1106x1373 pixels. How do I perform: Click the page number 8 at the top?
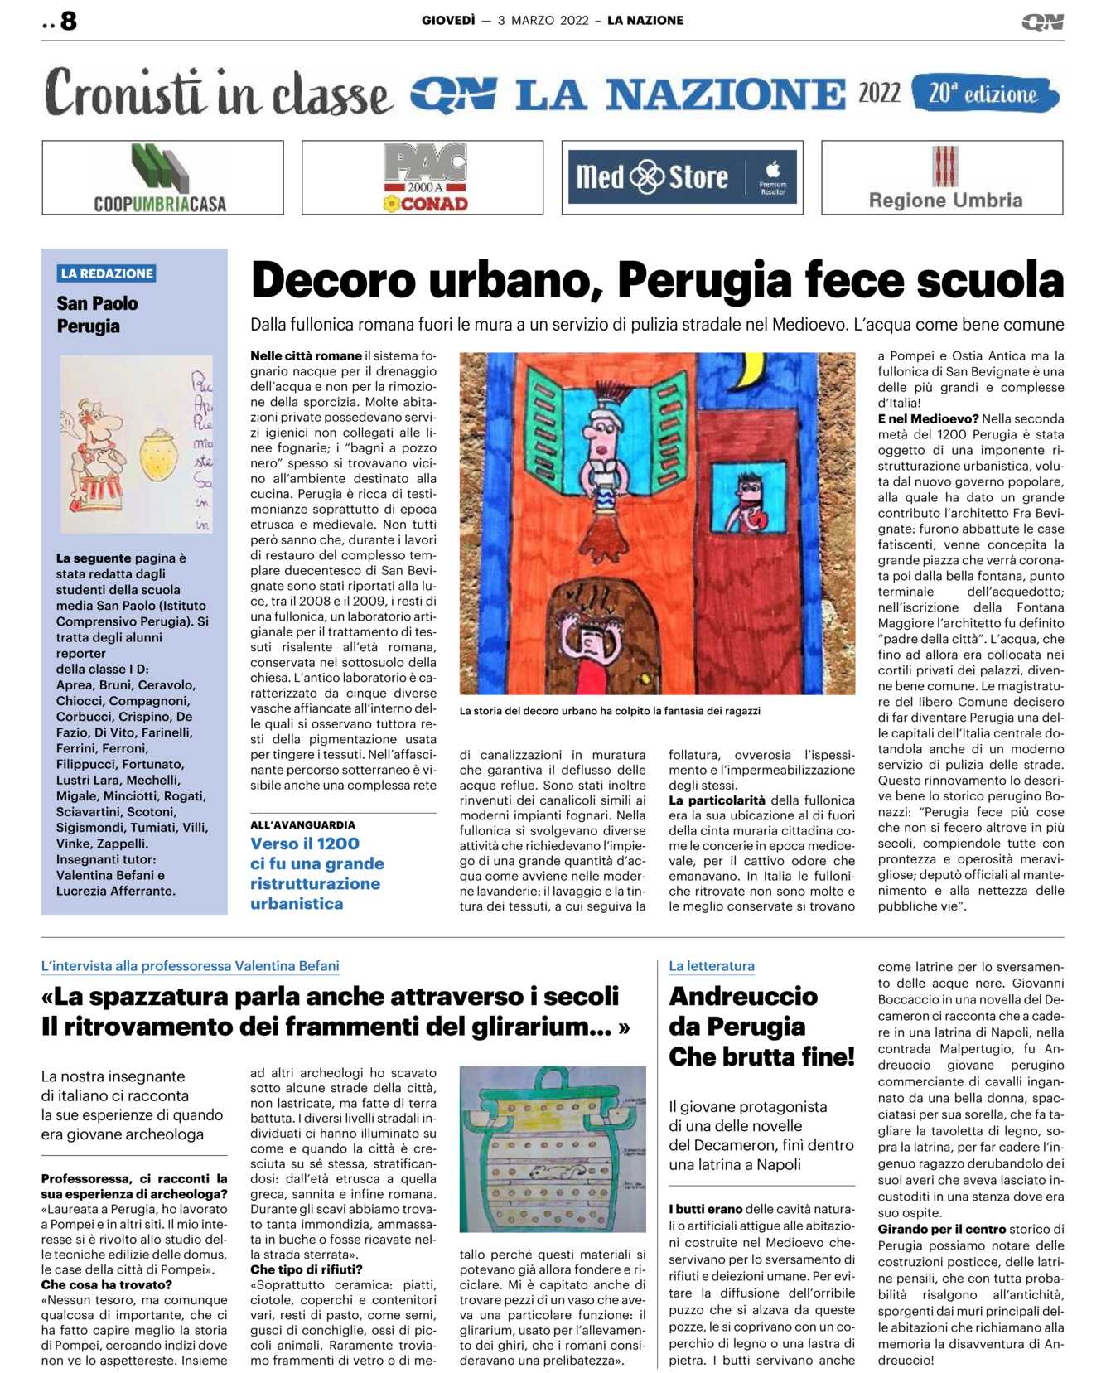(x=69, y=21)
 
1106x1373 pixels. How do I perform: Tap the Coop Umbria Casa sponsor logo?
(x=162, y=178)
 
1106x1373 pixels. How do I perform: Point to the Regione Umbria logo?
(x=944, y=178)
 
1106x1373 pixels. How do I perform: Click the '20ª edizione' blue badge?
(x=984, y=94)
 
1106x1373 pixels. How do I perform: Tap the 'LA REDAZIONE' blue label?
(x=107, y=273)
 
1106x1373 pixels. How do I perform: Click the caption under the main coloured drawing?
(x=610, y=711)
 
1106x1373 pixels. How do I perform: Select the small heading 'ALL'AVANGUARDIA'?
(x=302, y=824)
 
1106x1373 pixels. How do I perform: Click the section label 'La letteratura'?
(x=712, y=966)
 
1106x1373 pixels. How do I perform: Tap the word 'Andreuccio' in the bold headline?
(x=743, y=996)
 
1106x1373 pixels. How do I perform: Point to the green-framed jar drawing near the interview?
(x=552, y=1148)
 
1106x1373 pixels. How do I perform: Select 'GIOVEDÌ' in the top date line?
(x=448, y=20)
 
